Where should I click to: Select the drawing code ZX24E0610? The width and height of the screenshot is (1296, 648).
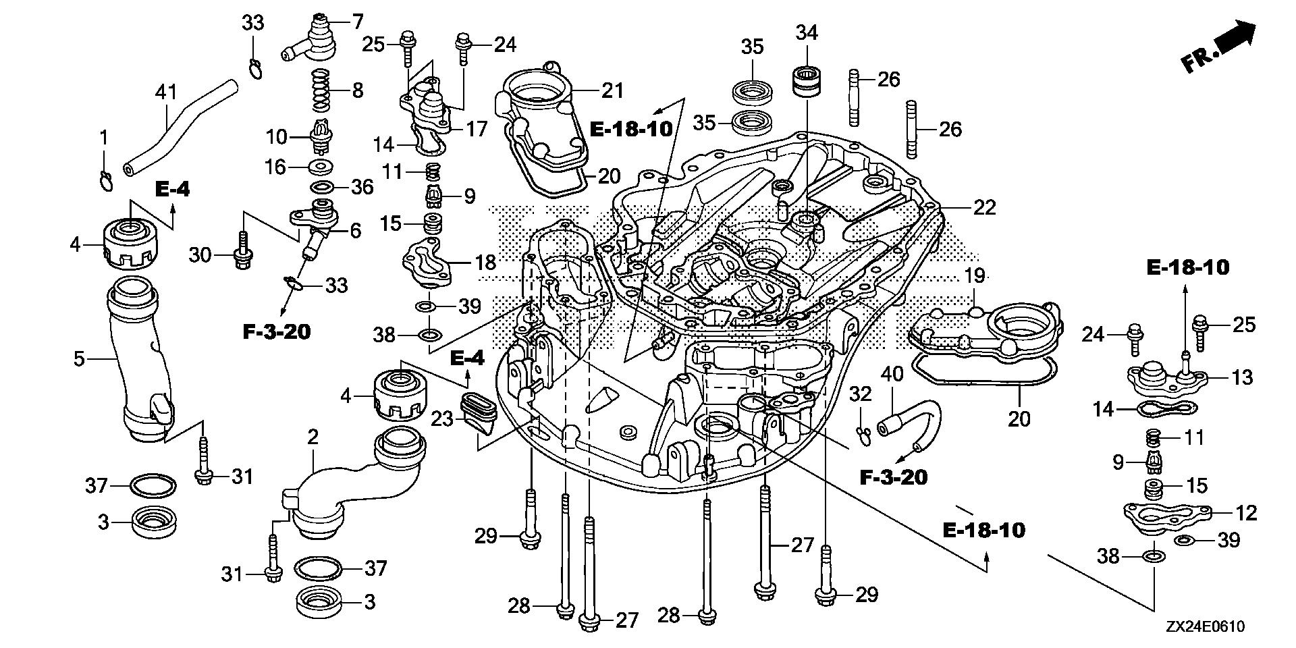click(x=1203, y=626)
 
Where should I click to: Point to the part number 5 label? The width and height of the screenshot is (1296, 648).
click(x=79, y=358)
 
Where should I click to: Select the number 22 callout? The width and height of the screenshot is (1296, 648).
click(x=984, y=207)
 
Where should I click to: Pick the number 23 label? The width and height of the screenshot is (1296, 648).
click(x=443, y=418)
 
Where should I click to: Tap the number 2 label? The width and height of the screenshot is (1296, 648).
click(x=312, y=437)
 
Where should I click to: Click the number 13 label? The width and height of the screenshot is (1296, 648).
click(x=1242, y=377)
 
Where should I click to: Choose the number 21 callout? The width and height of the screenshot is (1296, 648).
click(x=612, y=90)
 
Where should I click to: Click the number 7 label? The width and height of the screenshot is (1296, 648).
click(x=357, y=21)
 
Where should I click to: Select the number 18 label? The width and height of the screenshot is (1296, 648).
click(x=485, y=262)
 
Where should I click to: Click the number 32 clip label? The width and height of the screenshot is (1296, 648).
click(x=861, y=394)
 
